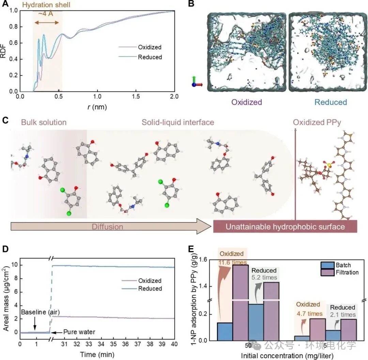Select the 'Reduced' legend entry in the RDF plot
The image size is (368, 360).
pos(150,57)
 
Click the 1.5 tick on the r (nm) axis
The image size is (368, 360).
pos(136,97)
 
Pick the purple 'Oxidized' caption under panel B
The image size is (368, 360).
pos(246,102)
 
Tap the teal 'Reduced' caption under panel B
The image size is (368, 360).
pos(331,102)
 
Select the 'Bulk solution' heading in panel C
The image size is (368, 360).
pos(44,122)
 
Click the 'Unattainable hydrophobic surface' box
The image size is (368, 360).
pos(285,226)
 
